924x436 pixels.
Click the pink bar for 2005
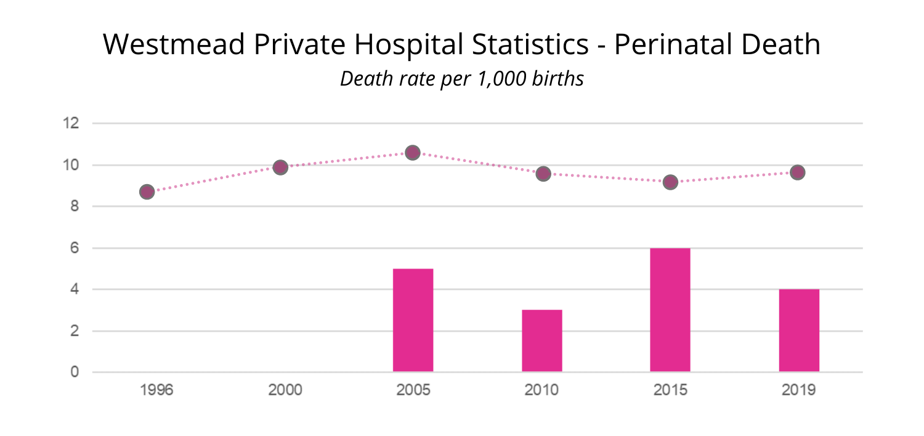click(x=413, y=320)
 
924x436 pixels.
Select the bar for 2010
click(x=542, y=341)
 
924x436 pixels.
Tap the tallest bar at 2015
click(x=670, y=310)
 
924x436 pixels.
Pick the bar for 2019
click(x=799, y=331)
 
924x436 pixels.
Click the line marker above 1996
click(x=147, y=192)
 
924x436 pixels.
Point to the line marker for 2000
click(x=280, y=167)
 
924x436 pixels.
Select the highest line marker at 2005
click(x=413, y=152)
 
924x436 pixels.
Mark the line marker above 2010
click(x=543, y=174)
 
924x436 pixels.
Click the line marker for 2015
click(x=670, y=182)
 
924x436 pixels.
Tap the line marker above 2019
click(x=798, y=172)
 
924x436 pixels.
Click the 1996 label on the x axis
click(x=156, y=390)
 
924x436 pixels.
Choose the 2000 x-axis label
click(x=285, y=390)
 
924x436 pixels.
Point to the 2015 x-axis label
click(x=670, y=390)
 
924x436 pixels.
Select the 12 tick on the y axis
click(x=71, y=123)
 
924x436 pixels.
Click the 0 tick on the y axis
click(x=75, y=372)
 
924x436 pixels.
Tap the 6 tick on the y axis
click(x=75, y=248)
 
